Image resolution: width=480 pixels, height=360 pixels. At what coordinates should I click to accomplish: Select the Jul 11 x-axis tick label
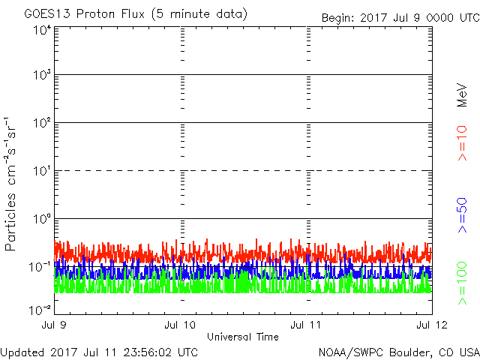point(307,325)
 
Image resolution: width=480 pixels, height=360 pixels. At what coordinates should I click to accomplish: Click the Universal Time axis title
point(243,336)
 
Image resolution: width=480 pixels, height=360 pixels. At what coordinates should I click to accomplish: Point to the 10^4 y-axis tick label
point(41,30)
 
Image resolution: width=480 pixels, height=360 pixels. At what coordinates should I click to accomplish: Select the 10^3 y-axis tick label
point(41,76)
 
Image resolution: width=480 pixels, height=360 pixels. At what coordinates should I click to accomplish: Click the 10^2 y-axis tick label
point(41,123)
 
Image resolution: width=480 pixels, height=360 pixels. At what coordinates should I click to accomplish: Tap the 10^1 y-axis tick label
point(41,171)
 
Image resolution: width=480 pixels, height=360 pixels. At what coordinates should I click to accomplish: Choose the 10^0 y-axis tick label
point(41,219)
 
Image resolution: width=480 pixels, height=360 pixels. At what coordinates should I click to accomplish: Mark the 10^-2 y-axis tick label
point(40,310)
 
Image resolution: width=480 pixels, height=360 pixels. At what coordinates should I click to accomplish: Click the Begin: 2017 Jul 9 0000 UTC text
point(399,17)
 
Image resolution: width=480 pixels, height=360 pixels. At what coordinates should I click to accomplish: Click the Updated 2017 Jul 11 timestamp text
point(99,351)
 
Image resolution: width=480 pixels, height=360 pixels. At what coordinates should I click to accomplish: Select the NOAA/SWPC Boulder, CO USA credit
point(398,351)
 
